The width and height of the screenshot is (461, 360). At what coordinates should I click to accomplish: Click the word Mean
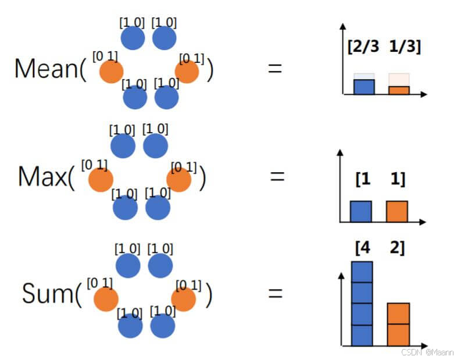pos(47,69)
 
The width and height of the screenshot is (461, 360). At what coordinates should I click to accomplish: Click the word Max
pos(42,176)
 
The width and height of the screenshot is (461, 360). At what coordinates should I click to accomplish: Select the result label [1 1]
pos(380,180)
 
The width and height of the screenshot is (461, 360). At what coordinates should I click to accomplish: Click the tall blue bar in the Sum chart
pos(362,304)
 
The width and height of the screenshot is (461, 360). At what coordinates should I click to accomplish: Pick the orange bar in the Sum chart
pos(398,324)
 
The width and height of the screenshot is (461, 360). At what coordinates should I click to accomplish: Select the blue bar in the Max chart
pos(360,211)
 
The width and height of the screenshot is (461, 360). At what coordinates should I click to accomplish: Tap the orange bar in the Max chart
pos(397,211)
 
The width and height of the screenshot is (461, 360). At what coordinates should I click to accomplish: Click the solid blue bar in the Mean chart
pos(364,87)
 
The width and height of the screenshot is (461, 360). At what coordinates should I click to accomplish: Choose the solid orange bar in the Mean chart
pos(399,90)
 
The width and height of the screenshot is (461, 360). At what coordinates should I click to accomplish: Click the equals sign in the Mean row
pos(274,68)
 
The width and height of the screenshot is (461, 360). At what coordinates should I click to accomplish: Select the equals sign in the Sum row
pos(275,293)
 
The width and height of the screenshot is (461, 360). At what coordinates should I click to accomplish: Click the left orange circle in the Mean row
pos(110,72)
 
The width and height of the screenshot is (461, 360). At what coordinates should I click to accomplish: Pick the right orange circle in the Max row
pos(178,180)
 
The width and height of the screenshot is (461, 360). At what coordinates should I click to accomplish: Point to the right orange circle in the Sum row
pos(184,299)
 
